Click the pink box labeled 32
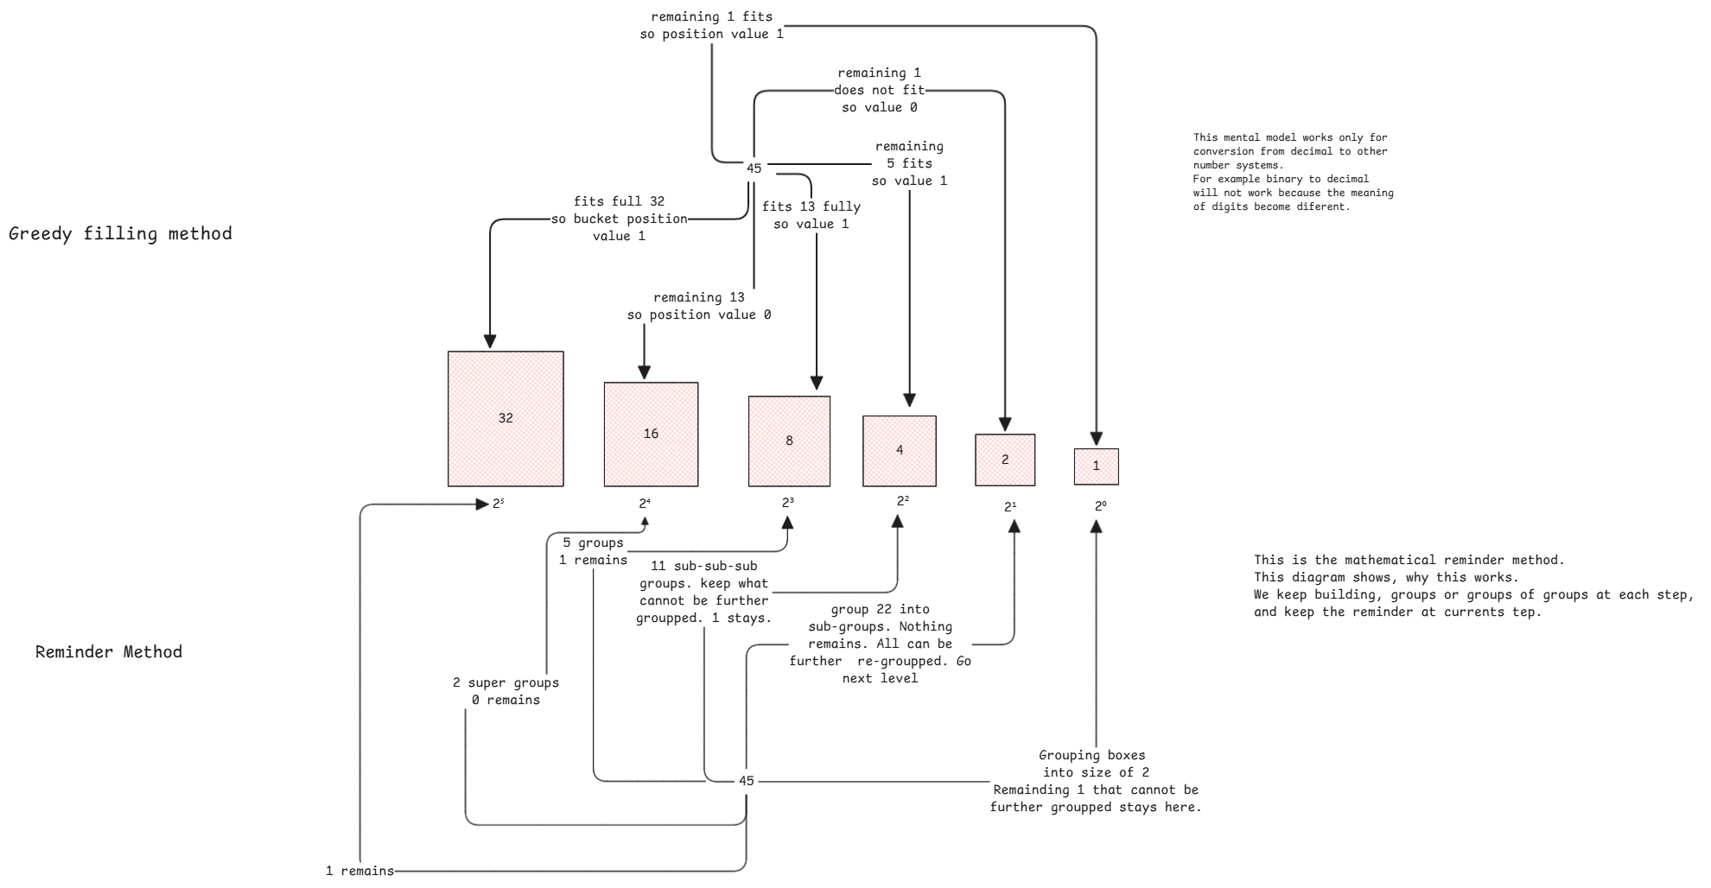506,419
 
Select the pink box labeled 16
651,434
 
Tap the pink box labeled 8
789,441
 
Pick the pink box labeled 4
899,451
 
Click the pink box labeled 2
1005,460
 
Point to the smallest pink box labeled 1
1096,466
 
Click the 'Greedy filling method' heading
120,234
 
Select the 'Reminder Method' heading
109,652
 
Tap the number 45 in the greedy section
754,168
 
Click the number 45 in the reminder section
746,781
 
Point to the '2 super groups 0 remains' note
506,691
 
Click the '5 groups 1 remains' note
593,551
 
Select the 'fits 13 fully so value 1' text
811,215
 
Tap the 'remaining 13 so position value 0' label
698,306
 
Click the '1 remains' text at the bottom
359,871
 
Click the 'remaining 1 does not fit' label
879,90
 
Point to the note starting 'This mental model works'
1293,172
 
